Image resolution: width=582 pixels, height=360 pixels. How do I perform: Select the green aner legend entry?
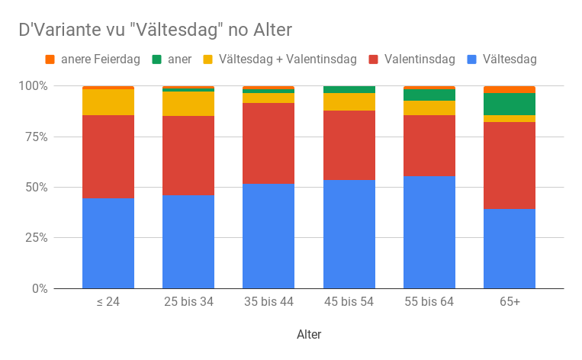(x=179, y=59)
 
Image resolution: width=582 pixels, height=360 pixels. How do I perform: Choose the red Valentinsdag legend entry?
(x=420, y=59)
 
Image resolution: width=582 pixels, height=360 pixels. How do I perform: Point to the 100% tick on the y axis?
(x=34, y=86)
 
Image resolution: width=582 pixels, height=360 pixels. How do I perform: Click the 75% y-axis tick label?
(x=36, y=137)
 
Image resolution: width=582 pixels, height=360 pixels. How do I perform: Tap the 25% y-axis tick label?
(x=36, y=238)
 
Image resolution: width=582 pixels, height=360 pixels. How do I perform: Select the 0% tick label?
(x=39, y=289)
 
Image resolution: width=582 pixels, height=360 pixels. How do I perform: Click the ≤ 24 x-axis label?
(x=108, y=302)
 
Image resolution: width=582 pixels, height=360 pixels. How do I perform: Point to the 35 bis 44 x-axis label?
(x=268, y=302)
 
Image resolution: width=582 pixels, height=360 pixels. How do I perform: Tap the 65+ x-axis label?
(x=509, y=302)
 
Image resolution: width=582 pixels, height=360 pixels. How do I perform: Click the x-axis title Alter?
(x=309, y=335)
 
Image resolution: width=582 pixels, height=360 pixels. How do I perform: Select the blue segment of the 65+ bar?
(x=509, y=249)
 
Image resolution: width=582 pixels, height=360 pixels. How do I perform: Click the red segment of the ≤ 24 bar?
(x=108, y=156)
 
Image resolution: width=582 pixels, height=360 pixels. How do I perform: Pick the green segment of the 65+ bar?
(x=509, y=104)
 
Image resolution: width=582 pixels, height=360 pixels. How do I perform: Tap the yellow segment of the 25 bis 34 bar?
(x=188, y=104)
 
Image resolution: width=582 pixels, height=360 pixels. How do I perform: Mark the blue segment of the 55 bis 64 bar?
(x=429, y=233)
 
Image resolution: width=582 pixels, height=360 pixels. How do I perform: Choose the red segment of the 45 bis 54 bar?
(x=349, y=145)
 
